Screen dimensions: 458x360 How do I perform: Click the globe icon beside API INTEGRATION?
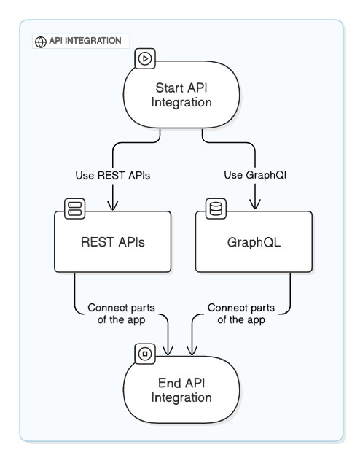tap(40, 42)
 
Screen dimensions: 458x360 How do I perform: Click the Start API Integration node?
tap(181, 96)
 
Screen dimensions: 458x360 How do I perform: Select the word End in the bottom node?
tap(168, 383)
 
